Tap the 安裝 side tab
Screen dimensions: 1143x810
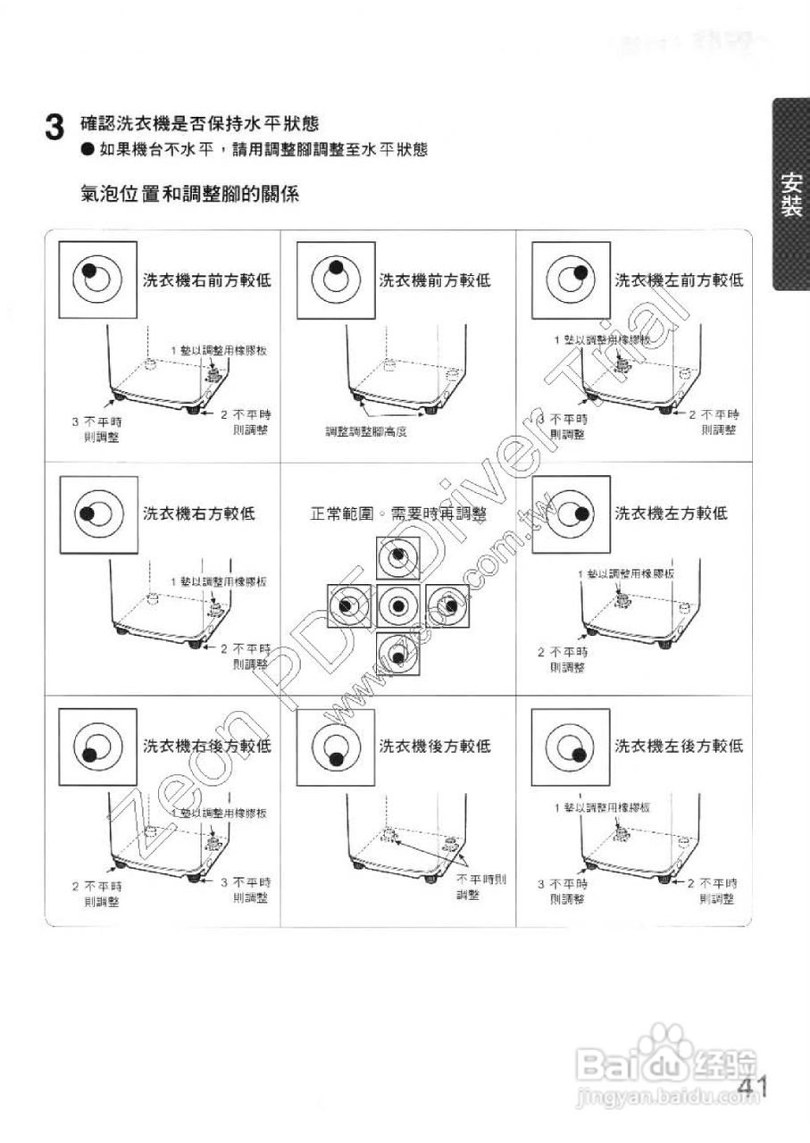(789, 194)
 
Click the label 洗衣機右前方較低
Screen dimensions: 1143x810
(207, 280)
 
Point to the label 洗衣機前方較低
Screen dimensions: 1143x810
(435, 280)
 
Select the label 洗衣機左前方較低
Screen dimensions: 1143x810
(679, 280)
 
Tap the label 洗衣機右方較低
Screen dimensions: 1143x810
(199, 513)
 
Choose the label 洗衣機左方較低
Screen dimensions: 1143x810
(671, 513)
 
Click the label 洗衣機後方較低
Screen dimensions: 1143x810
(435, 746)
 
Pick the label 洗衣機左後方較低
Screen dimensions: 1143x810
(679, 746)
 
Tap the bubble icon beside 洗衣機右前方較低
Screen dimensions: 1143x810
(97, 279)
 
